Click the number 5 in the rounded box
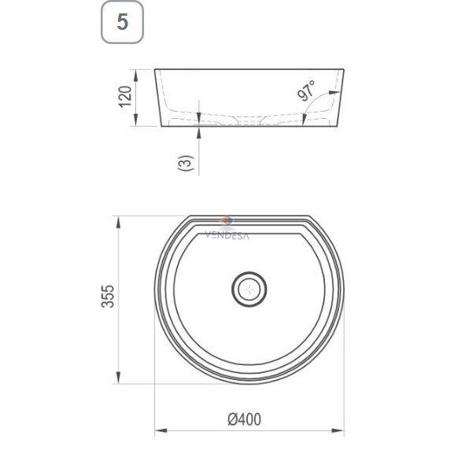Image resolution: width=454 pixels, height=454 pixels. (x=122, y=22)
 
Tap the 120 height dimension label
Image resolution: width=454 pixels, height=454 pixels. (x=125, y=97)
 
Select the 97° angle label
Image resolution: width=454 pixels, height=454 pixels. (x=306, y=90)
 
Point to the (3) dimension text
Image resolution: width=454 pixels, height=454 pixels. (x=186, y=163)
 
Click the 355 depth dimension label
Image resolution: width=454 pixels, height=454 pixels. (x=108, y=296)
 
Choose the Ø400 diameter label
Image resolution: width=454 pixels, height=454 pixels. (x=244, y=419)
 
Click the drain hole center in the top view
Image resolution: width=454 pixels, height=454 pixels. (x=249, y=289)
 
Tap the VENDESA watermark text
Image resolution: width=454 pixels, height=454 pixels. (x=227, y=236)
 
